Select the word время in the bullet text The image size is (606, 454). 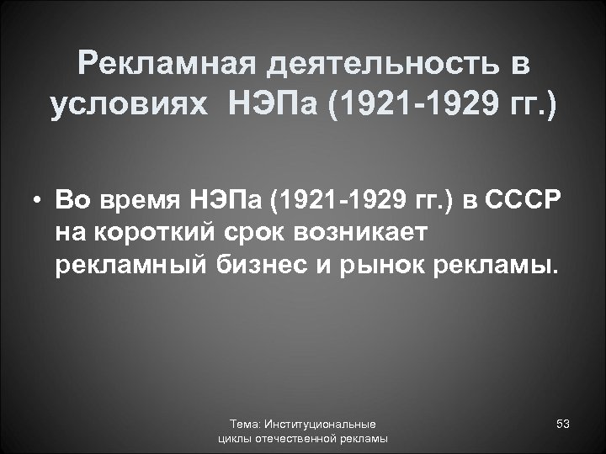pyautogui.click(x=139, y=202)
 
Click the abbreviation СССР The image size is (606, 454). pyautogui.click(x=529, y=202)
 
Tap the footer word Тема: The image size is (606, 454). pyautogui.click(x=247, y=425)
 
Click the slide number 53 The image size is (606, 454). pyautogui.click(x=563, y=425)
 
